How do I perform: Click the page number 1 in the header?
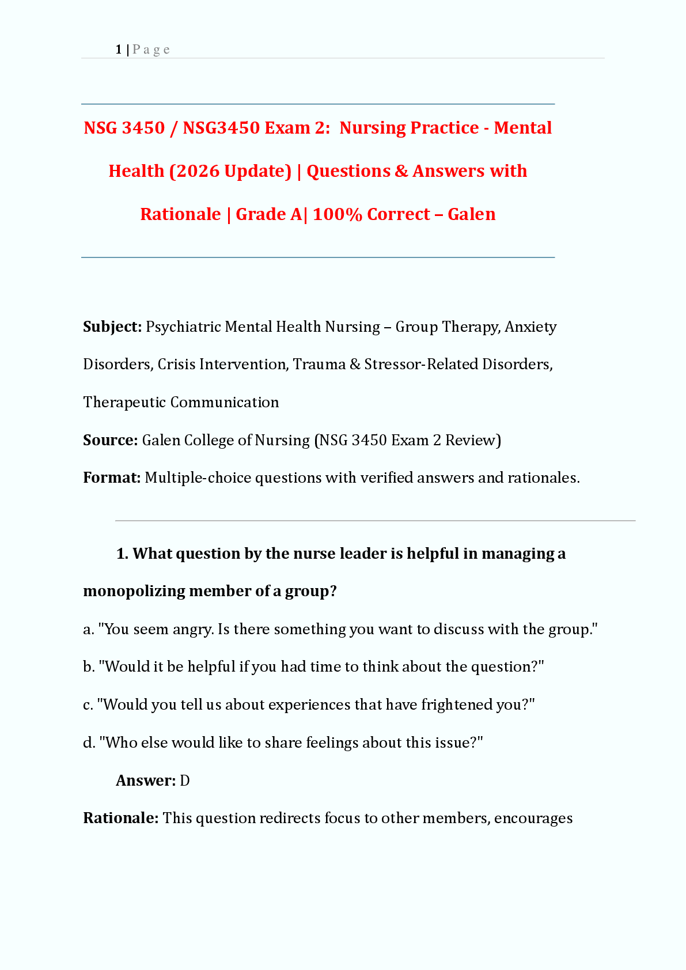point(119,50)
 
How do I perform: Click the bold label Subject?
point(112,327)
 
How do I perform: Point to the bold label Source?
point(110,440)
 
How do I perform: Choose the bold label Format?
point(112,478)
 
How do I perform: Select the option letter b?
point(88,666)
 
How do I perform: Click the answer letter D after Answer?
point(185,780)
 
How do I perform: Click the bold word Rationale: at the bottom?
point(120,818)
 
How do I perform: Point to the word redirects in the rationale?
point(290,818)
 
